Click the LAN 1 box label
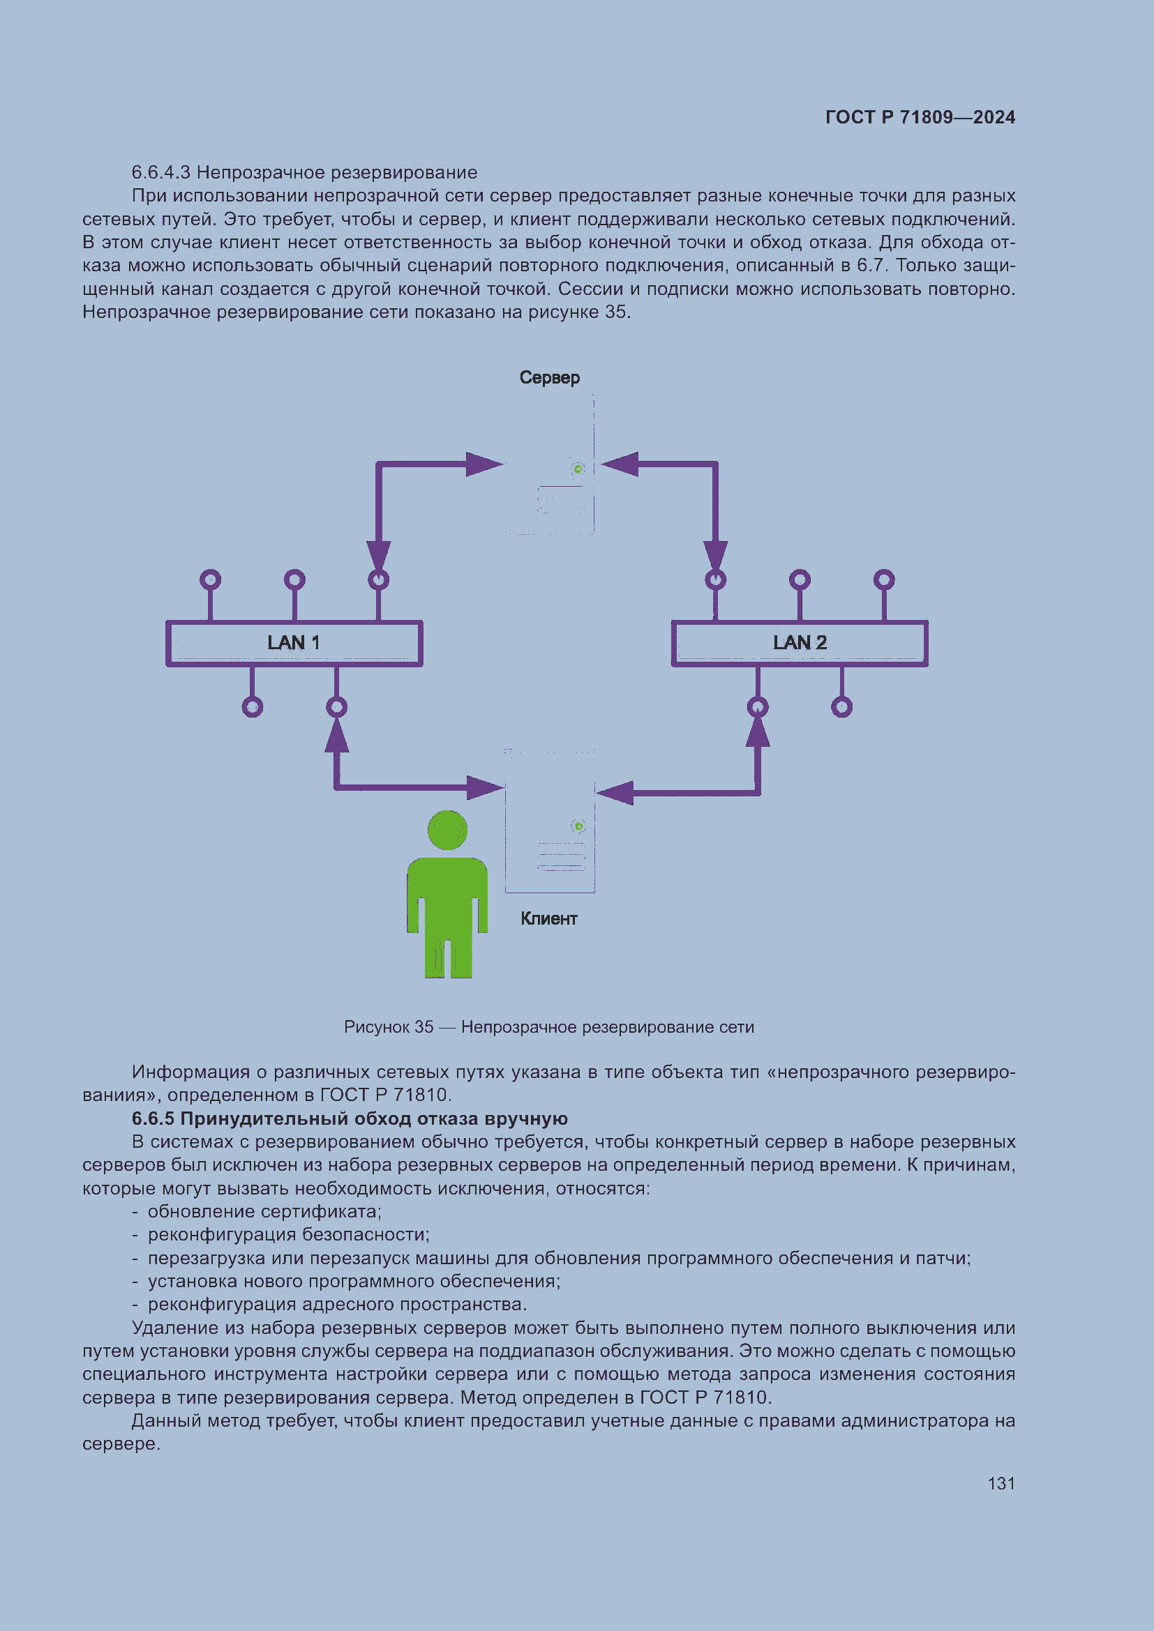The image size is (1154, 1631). [294, 643]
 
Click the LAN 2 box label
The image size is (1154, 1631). [800, 643]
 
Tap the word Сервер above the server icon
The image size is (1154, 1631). [549, 377]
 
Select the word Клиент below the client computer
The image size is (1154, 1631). [548, 918]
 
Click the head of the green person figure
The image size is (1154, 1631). [448, 830]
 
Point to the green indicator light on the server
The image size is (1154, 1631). [578, 469]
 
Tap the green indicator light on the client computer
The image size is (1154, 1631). [578, 826]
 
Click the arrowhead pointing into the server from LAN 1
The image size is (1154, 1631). [486, 464]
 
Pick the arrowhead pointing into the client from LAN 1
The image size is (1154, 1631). [486, 787]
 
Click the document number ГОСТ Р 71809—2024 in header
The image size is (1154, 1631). [920, 117]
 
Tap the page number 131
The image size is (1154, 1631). [1001, 1483]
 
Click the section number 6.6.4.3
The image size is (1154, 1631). [160, 173]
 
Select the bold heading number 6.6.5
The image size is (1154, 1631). [153, 1118]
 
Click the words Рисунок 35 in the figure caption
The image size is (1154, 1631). [388, 1026]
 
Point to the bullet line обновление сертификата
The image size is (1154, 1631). [264, 1211]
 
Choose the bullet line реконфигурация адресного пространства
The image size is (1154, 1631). [337, 1304]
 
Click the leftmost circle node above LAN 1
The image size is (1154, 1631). [210, 579]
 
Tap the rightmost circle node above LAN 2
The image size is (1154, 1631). [884, 579]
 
